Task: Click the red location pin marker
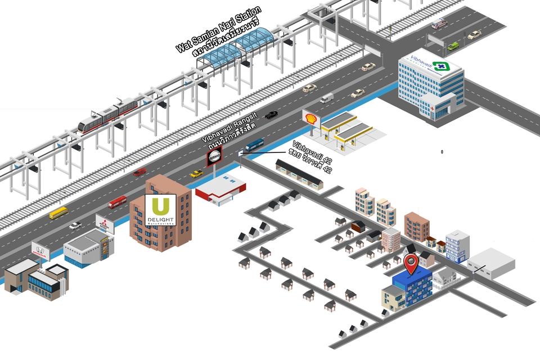[412, 263]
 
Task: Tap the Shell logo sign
[310, 118]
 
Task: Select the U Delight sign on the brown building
[160, 210]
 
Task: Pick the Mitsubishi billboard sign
[105, 223]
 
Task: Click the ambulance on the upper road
[438, 24]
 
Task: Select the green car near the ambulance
[453, 46]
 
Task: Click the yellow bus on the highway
[58, 213]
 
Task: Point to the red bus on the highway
[118, 202]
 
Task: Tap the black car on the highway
[271, 115]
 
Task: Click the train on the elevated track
[108, 115]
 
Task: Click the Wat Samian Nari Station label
[219, 33]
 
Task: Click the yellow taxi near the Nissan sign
[196, 174]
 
